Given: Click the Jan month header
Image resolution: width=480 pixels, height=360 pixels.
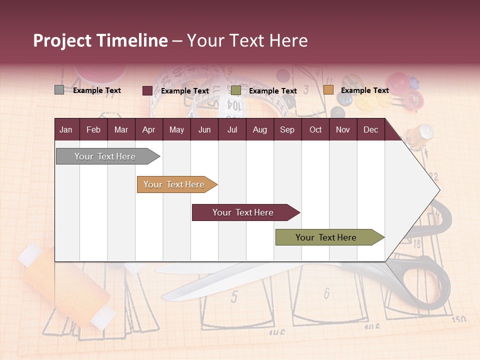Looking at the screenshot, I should [x=66, y=130].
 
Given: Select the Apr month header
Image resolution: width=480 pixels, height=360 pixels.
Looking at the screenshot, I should [x=148, y=130].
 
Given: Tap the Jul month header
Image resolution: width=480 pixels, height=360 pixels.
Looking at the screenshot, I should [x=232, y=130].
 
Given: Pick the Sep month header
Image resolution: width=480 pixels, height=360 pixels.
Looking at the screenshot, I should [x=287, y=130].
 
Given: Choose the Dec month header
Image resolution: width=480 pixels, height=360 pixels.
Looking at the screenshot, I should [x=370, y=130].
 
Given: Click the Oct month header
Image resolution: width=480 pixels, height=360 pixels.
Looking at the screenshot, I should [x=315, y=130].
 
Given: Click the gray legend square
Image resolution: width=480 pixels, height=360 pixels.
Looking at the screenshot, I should [x=59, y=90].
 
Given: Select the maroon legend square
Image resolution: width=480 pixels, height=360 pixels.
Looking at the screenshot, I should [x=147, y=90].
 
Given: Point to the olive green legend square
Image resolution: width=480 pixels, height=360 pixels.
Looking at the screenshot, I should [x=236, y=90].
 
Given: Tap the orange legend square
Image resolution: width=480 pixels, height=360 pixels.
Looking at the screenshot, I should [x=328, y=90].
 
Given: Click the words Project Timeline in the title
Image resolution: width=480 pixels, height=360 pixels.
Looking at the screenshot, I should [x=100, y=40].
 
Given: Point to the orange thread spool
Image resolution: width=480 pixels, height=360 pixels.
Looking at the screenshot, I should [x=65, y=285].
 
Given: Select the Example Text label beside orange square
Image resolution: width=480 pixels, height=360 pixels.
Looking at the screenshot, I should [x=364, y=90].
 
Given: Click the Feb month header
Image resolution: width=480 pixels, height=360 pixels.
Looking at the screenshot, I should [x=93, y=130].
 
